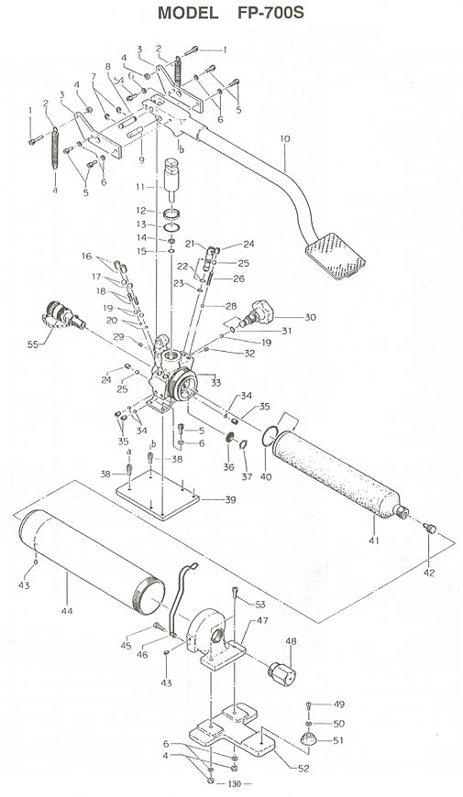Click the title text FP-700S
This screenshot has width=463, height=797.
[270, 13]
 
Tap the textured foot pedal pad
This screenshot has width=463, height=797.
[336, 256]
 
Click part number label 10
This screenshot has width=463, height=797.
[285, 138]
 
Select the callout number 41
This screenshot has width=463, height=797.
[374, 540]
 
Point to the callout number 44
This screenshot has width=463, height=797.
[67, 610]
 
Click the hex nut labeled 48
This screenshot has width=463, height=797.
[281, 673]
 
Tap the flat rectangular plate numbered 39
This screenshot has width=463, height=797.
[158, 495]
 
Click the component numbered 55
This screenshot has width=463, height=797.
[62, 316]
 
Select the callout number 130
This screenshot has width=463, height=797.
[235, 784]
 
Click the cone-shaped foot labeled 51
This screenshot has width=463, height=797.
[308, 738]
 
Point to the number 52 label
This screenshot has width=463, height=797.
[303, 769]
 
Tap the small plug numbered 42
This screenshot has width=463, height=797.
[430, 529]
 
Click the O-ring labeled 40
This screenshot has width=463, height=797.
[270, 436]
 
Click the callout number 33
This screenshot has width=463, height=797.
[216, 382]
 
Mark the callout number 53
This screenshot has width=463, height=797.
[260, 604]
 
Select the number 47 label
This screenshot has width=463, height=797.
[262, 620]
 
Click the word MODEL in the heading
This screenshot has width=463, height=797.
[188, 13]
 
